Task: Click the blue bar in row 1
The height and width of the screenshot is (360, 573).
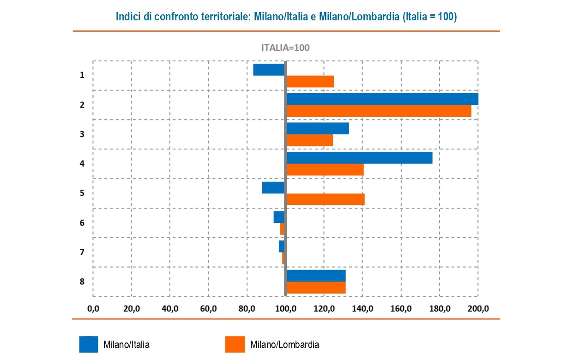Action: (269, 69)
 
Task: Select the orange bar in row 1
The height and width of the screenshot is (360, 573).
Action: (310, 82)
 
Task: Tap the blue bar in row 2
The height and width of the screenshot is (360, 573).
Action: (382, 99)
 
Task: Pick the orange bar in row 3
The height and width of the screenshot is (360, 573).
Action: (309, 140)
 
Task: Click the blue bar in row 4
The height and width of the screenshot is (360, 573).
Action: (359, 158)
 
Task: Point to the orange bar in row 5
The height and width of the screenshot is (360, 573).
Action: (326, 199)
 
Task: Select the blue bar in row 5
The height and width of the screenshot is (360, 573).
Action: (273, 188)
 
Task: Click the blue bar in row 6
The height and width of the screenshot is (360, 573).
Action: (279, 217)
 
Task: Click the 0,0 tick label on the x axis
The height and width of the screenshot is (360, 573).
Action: (93, 308)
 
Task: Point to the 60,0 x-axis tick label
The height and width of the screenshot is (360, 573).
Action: (209, 308)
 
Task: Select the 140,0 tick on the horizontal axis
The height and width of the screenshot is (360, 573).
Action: (362, 308)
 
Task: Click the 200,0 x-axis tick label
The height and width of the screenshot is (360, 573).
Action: (478, 308)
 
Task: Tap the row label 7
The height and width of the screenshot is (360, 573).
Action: (82, 252)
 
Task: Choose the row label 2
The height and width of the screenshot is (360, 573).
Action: (82, 105)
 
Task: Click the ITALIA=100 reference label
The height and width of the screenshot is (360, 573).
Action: (285, 48)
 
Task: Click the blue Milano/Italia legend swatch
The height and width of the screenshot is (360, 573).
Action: (89, 344)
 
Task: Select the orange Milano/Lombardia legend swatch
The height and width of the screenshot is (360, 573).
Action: (235, 344)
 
